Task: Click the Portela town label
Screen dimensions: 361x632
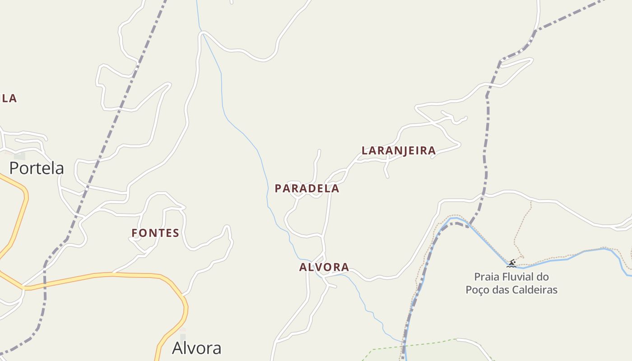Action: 37,168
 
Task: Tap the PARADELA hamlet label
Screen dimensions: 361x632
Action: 307,189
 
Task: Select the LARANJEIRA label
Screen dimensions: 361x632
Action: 399,151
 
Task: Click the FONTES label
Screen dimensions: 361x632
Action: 155,233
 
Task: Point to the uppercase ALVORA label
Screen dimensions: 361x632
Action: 324,267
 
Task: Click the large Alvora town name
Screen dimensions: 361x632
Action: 197,348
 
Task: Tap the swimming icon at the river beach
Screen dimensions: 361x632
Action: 511,264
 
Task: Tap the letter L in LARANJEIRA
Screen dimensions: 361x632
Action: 365,151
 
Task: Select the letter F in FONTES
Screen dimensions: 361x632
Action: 135,233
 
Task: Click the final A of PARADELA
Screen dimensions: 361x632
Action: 335,189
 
